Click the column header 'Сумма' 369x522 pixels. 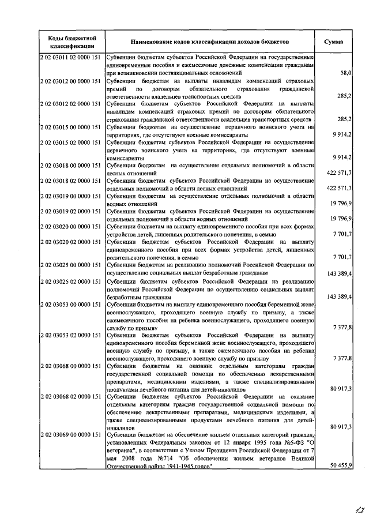tap(334, 42)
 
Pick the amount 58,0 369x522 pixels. tap(346, 73)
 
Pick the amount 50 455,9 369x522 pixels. tap(341, 465)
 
